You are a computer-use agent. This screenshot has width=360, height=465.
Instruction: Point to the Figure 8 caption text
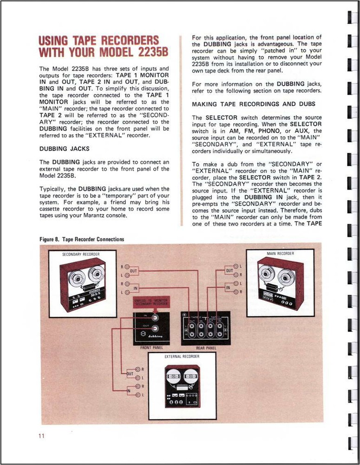pos(82,239)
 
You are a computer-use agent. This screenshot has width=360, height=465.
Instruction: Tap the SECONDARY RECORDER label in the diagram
pos(81,254)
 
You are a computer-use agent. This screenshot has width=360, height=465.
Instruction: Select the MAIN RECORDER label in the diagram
pos(281,253)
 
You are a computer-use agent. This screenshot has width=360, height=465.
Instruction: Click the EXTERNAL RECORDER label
pos(182,356)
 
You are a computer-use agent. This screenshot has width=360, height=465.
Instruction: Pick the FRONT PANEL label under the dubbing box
pos(151,347)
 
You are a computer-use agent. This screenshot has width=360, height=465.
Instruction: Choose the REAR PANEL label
pos(206,347)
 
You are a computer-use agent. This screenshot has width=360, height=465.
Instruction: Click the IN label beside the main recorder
pos(229,288)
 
